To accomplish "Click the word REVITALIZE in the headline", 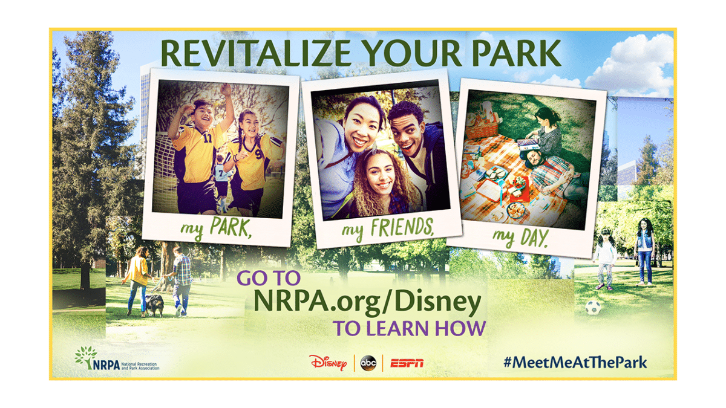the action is tap(256, 53).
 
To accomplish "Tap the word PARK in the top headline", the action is tap(517, 53).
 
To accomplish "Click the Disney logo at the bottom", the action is tap(328, 363).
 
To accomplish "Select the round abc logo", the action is tap(368, 363).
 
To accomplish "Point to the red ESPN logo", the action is tap(407, 363).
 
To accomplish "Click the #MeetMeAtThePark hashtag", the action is tap(575, 363).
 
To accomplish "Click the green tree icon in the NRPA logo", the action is tap(86, 356).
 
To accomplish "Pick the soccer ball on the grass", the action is tap(593, 307).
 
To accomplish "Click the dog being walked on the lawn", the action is tap(154, 305).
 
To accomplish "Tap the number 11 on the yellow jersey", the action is tap(207, 138).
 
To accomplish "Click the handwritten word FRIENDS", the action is tap(402, 227).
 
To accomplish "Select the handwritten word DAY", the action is tap(534, 238).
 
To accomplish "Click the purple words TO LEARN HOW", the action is tap(409, 328).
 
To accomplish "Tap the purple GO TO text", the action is tap(269, 278).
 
